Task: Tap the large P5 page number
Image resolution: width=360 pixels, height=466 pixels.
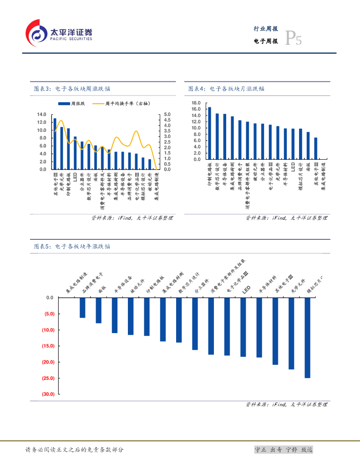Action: tap(293, 39)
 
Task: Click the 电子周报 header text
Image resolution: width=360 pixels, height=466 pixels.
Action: tap(266, 41)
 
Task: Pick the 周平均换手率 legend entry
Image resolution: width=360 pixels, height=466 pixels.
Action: tap(121, 104)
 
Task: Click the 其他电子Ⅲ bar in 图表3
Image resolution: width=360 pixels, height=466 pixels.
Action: tap(55, 144)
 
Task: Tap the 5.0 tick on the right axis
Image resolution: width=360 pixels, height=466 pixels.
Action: tap(167, 114)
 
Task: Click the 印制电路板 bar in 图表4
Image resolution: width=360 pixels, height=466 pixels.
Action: tap(209, 133)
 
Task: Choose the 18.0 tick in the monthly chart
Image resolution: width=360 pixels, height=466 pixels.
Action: tap(196, 103)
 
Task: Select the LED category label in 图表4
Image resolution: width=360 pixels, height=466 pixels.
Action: tap(293, 166)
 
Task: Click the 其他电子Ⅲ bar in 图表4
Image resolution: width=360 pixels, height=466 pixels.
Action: tap(316, 148)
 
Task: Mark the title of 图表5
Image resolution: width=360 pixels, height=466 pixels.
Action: tap(72, 246)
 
